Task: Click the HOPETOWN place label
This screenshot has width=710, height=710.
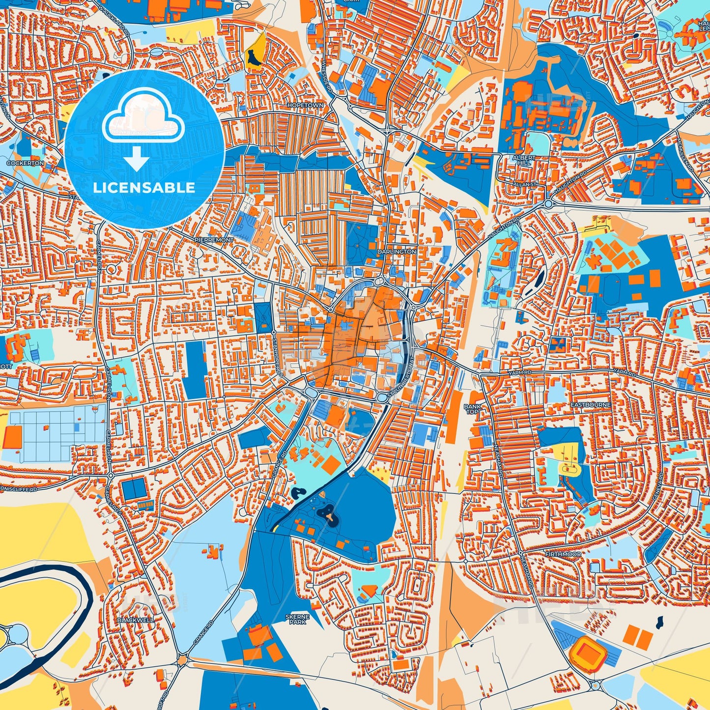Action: click(306, 106)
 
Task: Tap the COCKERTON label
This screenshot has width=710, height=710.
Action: click(25, 163)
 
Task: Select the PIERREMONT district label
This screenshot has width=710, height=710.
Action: click(214, 240)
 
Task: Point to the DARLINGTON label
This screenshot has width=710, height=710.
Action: click(397, 252)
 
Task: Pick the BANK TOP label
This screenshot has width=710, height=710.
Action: click(471, 409)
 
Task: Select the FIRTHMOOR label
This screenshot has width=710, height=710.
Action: click(563, 554)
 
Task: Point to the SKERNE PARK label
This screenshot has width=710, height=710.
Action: click(298, 619)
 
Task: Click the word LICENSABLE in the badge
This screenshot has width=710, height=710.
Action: click(144, 188)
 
